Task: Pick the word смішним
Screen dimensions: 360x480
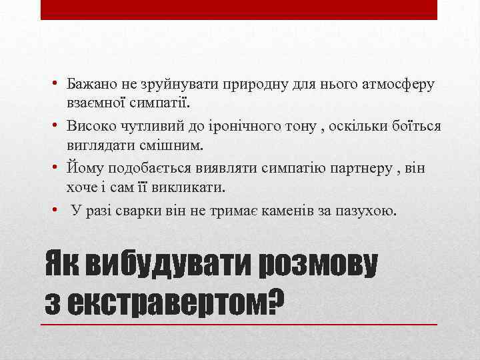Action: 159,145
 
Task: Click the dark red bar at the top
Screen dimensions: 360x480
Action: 239,10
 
